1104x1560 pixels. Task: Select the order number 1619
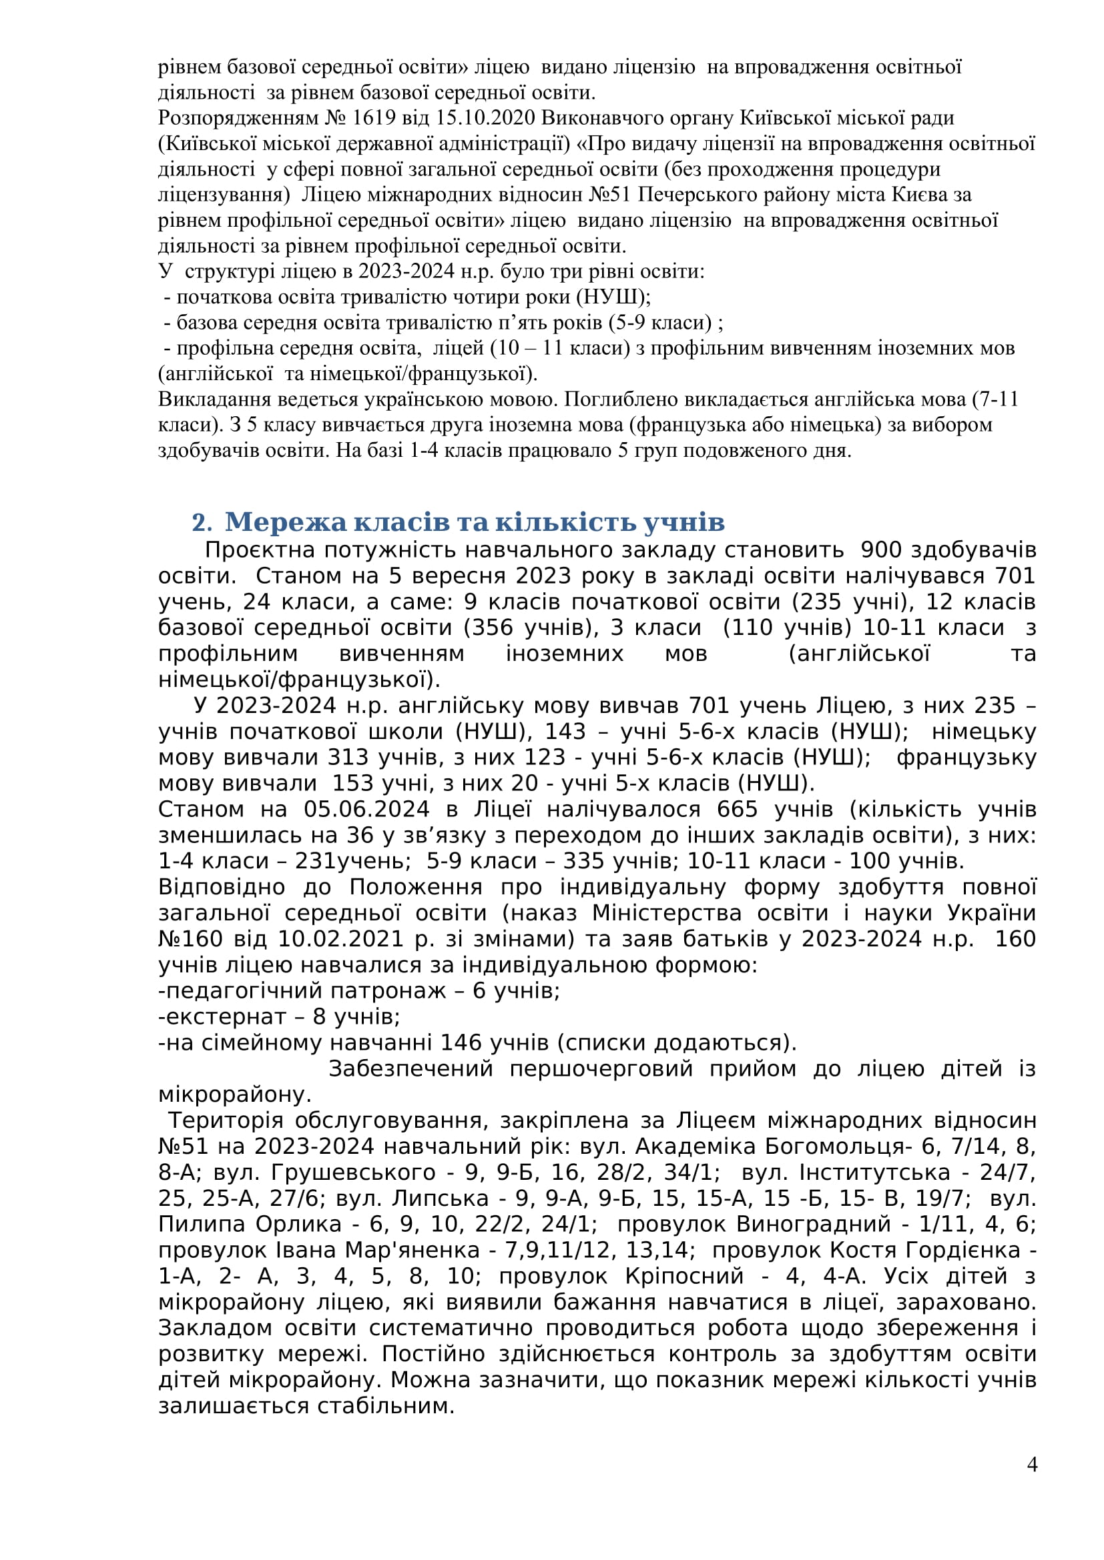[374, 118]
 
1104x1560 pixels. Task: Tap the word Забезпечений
[410, 1068]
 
